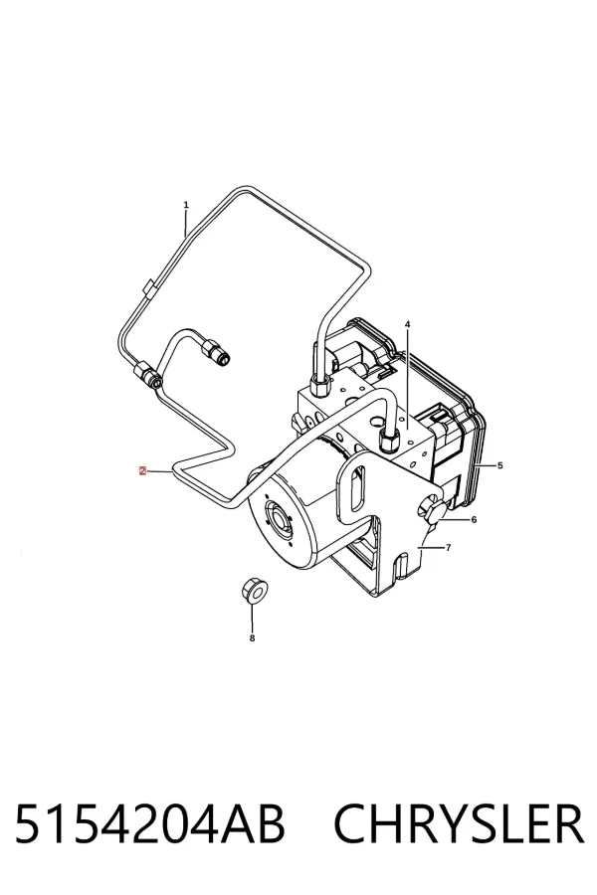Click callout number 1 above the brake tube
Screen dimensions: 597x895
186,204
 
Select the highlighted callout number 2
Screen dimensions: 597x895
142,471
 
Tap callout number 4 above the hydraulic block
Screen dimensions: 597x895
407,324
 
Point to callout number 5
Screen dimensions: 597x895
499,465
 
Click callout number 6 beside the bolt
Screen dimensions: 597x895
474,519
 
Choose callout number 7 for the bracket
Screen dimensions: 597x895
449,547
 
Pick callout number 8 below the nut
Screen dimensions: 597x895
252,638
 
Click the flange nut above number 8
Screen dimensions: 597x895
252,591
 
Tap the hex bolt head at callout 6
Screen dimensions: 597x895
436,511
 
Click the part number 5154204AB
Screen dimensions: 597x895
149,823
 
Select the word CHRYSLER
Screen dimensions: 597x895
459,823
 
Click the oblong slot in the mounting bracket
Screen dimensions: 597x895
357,488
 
